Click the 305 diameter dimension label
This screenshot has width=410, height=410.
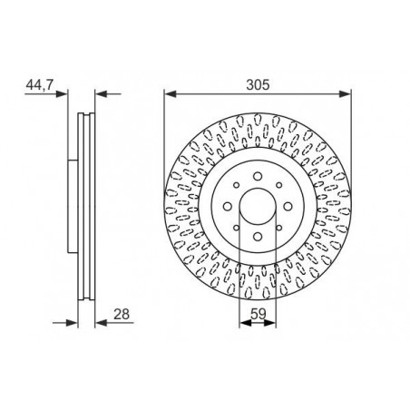[x=258, y=84]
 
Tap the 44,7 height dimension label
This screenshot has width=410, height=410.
[x=40, y=84]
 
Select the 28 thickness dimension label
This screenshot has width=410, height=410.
[x=122, y=314]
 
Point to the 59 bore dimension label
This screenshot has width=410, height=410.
[x=258, y=314]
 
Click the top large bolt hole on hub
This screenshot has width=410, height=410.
[x=258, y=176]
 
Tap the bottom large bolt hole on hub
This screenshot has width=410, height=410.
[x=258, y=237]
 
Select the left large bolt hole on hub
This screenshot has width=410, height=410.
[x=228, y=207]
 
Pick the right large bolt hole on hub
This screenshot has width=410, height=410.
[x=288, y=207]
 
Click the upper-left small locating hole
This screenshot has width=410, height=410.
[x=237, y=185]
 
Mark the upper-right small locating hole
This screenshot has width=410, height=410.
[x=279, y=185]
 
